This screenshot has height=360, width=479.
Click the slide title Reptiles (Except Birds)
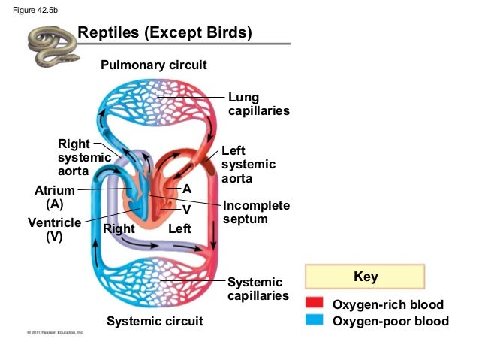(x=164, y=34)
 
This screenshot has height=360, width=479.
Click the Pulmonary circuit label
(x=154, y=65)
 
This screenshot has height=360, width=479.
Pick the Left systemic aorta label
(x=249, y=165)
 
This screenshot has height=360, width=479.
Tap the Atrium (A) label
(x=54, y=197)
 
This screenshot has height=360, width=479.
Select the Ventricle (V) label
(x=54, y=230)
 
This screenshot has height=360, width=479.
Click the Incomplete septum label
(x=256, y=213)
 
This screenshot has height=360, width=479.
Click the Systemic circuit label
(x=155, y=322)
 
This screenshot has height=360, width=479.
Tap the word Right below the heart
(x=119, y=228)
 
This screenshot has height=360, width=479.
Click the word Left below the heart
(x=180, y=228)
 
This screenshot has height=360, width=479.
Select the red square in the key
(x=315, y=304)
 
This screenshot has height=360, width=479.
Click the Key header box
(x=366, y=277)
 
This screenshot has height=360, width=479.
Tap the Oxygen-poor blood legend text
(x=390, y=322)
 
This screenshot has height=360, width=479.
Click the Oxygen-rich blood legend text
(x=388, y=304)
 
